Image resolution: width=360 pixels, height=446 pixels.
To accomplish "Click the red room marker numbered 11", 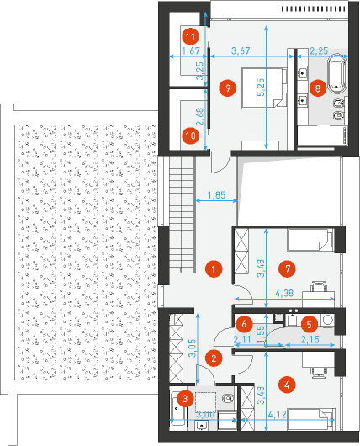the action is click(191, 37).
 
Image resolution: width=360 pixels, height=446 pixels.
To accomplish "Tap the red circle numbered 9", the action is click(228, 88).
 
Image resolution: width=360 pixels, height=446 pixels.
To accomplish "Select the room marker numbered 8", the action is click(318, 88).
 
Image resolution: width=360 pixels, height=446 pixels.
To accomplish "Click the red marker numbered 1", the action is click(214, 268).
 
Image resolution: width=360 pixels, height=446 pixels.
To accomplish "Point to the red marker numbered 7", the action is click(288, 268).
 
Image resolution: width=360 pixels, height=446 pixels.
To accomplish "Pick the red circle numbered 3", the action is click(185, 399).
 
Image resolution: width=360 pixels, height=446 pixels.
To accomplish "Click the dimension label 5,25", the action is click(261, 87).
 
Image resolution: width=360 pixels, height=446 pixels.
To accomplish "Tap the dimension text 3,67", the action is click(241, 51).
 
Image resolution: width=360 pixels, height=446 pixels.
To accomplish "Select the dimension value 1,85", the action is click(216, 195).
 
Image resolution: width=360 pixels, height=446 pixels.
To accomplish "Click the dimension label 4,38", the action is click(284, 293).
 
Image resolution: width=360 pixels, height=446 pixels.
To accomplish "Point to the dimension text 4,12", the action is click(278, 414).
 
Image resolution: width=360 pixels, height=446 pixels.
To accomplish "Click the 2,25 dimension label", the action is click(319, 51).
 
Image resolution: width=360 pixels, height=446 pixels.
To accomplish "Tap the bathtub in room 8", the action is click(337, 73).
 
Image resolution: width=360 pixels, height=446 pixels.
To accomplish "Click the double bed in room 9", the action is click(264, 88).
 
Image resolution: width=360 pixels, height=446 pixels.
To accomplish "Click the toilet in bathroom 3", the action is click(228, 398).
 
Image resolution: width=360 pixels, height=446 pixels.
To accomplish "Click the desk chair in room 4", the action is click(319, 372).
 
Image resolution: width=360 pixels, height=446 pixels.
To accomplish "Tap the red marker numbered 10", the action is click(191, 135).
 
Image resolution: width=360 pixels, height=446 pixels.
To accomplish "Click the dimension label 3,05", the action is click(193, 348).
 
